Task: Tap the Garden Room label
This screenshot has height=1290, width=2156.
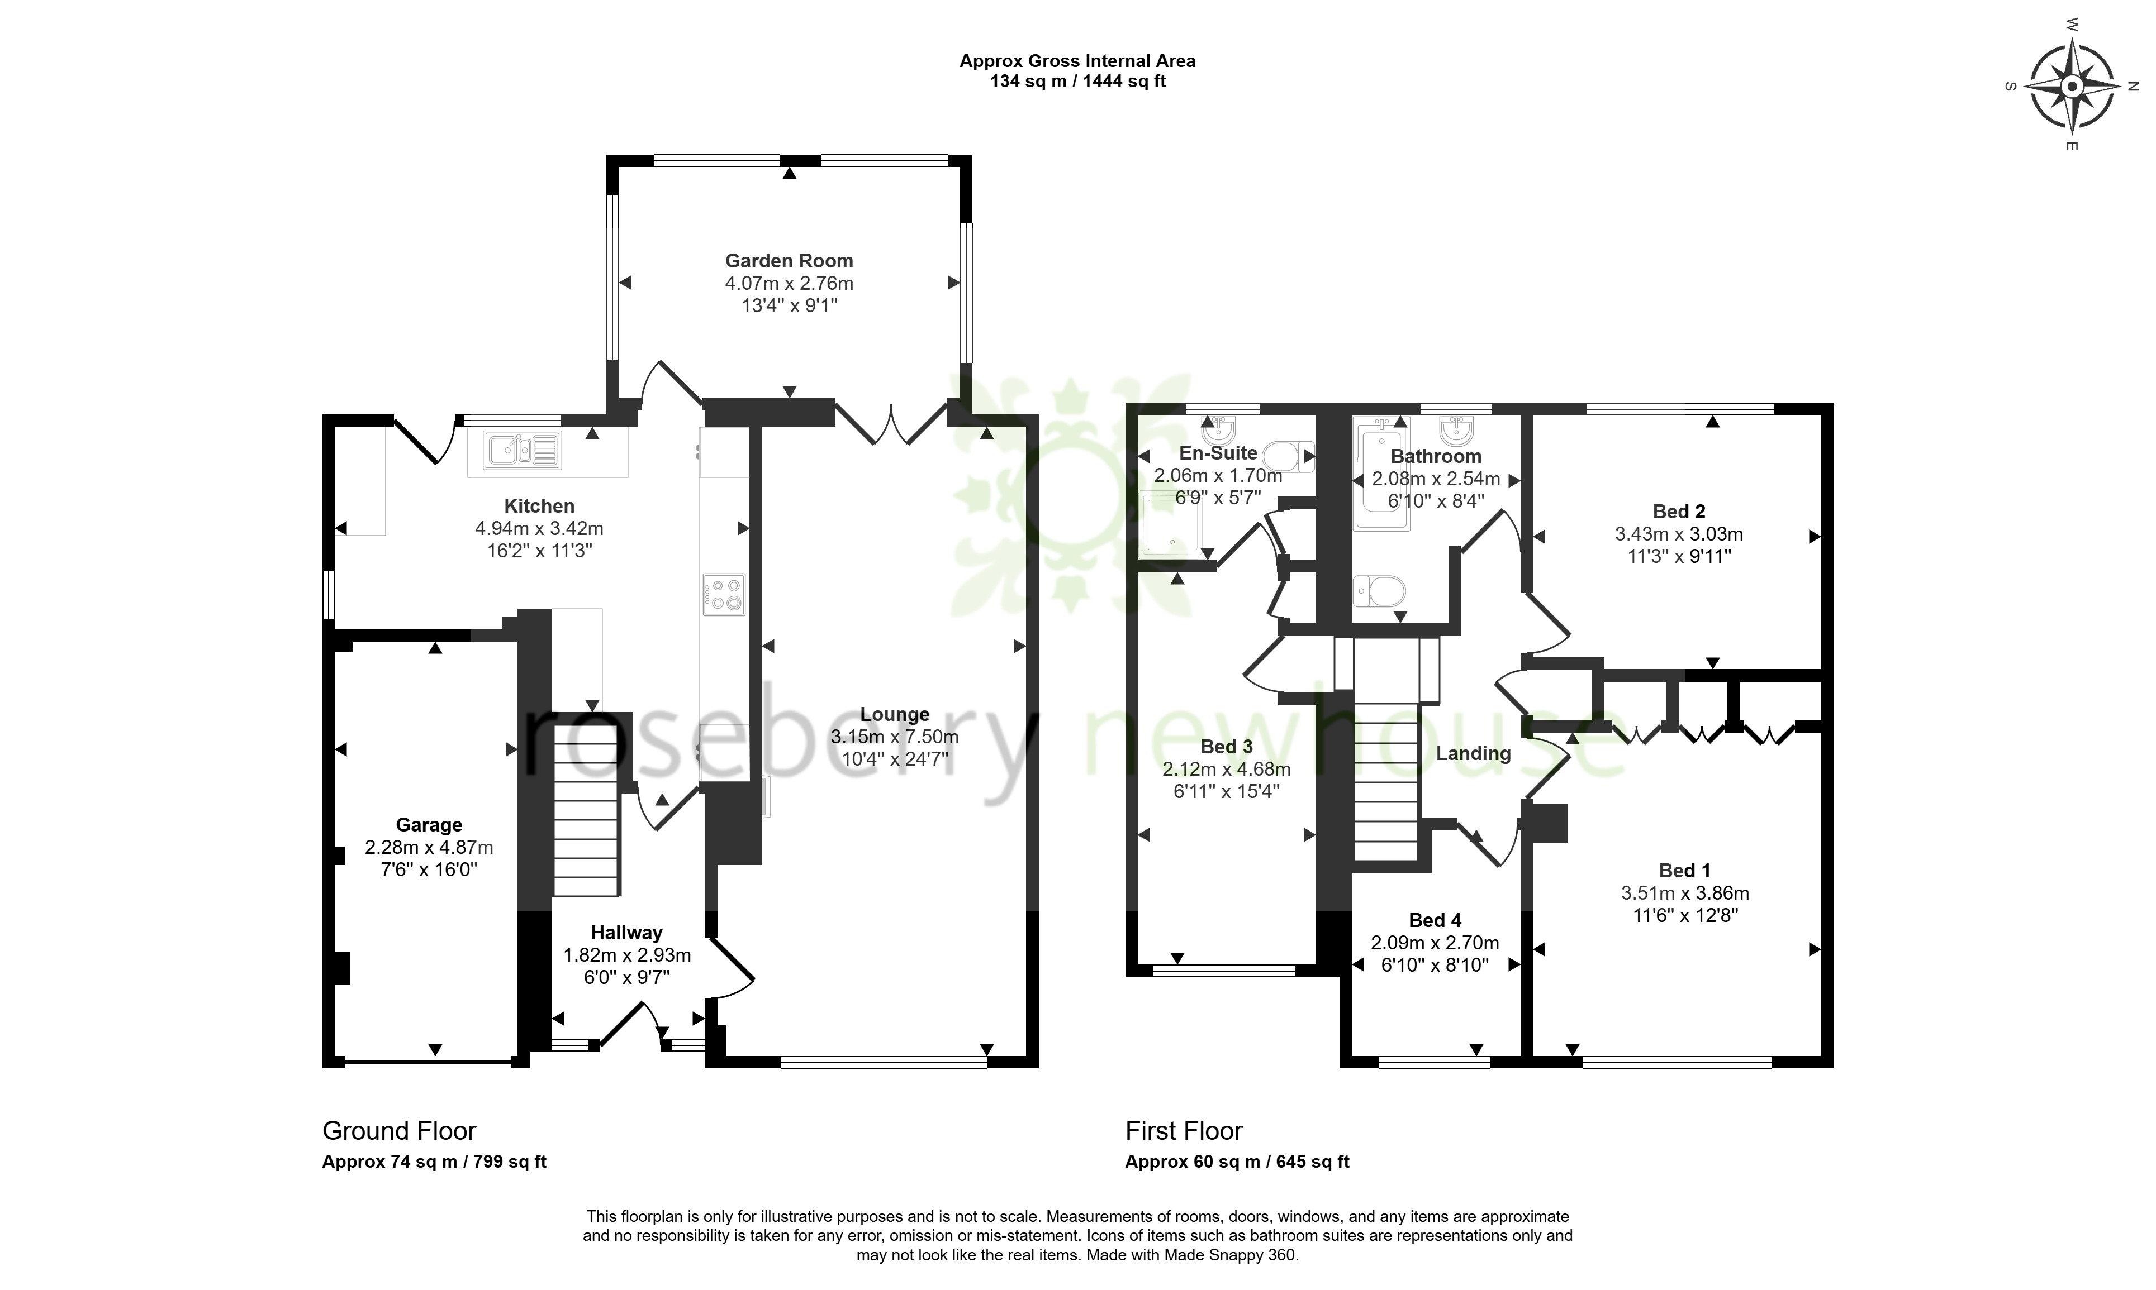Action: (789, 261)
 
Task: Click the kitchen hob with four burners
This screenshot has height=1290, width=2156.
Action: (724, 595)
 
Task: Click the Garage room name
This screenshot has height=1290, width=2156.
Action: (429, 825)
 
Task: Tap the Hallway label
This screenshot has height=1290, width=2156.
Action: (626, 933)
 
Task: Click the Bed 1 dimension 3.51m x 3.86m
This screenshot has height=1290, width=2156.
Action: (1685, 893)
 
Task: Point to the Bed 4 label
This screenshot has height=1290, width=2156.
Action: (1435, 920)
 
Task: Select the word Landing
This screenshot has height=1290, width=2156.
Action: (1473, 754)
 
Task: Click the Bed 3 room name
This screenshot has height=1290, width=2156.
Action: (1226, 747)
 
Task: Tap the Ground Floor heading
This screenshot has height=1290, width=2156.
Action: (399, 1131)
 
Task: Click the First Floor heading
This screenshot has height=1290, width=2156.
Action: (1184, 1131)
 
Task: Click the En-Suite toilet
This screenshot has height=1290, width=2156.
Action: (1288, 456)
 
